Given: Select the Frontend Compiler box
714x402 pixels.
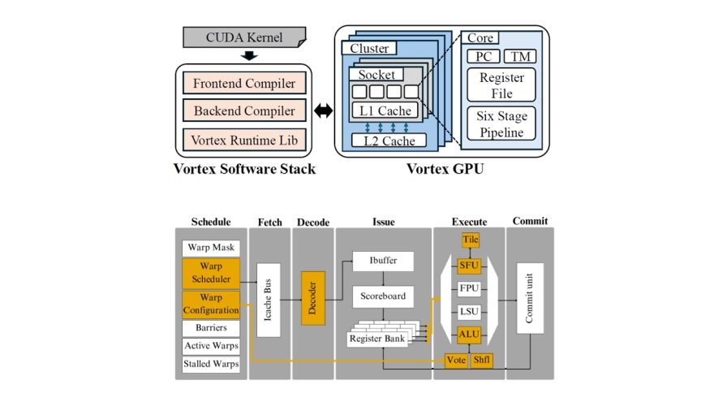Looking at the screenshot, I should pyautogui.click(x=244, y=82).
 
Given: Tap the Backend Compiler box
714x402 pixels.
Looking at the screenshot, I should pyautogui.click(x=244, y=110).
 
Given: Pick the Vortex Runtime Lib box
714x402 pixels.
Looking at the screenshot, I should pyautogui.click(x=244, y=140).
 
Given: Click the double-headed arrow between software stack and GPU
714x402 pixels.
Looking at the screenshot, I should pyautogui.click(x=324, y=111).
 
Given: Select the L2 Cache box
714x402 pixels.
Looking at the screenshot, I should pyautogui.click(x=388, y=140).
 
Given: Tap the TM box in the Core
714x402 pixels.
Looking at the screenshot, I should pyautogui.click(x=519, y=57).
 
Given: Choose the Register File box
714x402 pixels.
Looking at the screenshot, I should pyautogui.click(x=501, y=85).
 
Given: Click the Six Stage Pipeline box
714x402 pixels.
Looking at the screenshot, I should pyautogui.click(x=501, y=123).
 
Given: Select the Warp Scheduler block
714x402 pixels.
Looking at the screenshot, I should pyautogui.click(x=210, y=273).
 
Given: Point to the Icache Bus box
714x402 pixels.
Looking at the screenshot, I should pyautogui.click(x=269, y=300).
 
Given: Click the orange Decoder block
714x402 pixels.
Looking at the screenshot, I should pyautogui.click(x=312, y=298).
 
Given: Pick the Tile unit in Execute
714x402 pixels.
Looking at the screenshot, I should pyautogui.click(x=471, y=240).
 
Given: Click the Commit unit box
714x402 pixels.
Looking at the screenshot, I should pyautogui.click(x=530, y=297).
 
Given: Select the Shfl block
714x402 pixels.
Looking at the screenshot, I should pyautogui.click(x=482, y=359).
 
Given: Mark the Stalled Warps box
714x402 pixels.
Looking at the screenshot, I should pyautogui.click(x=210, y=364).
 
